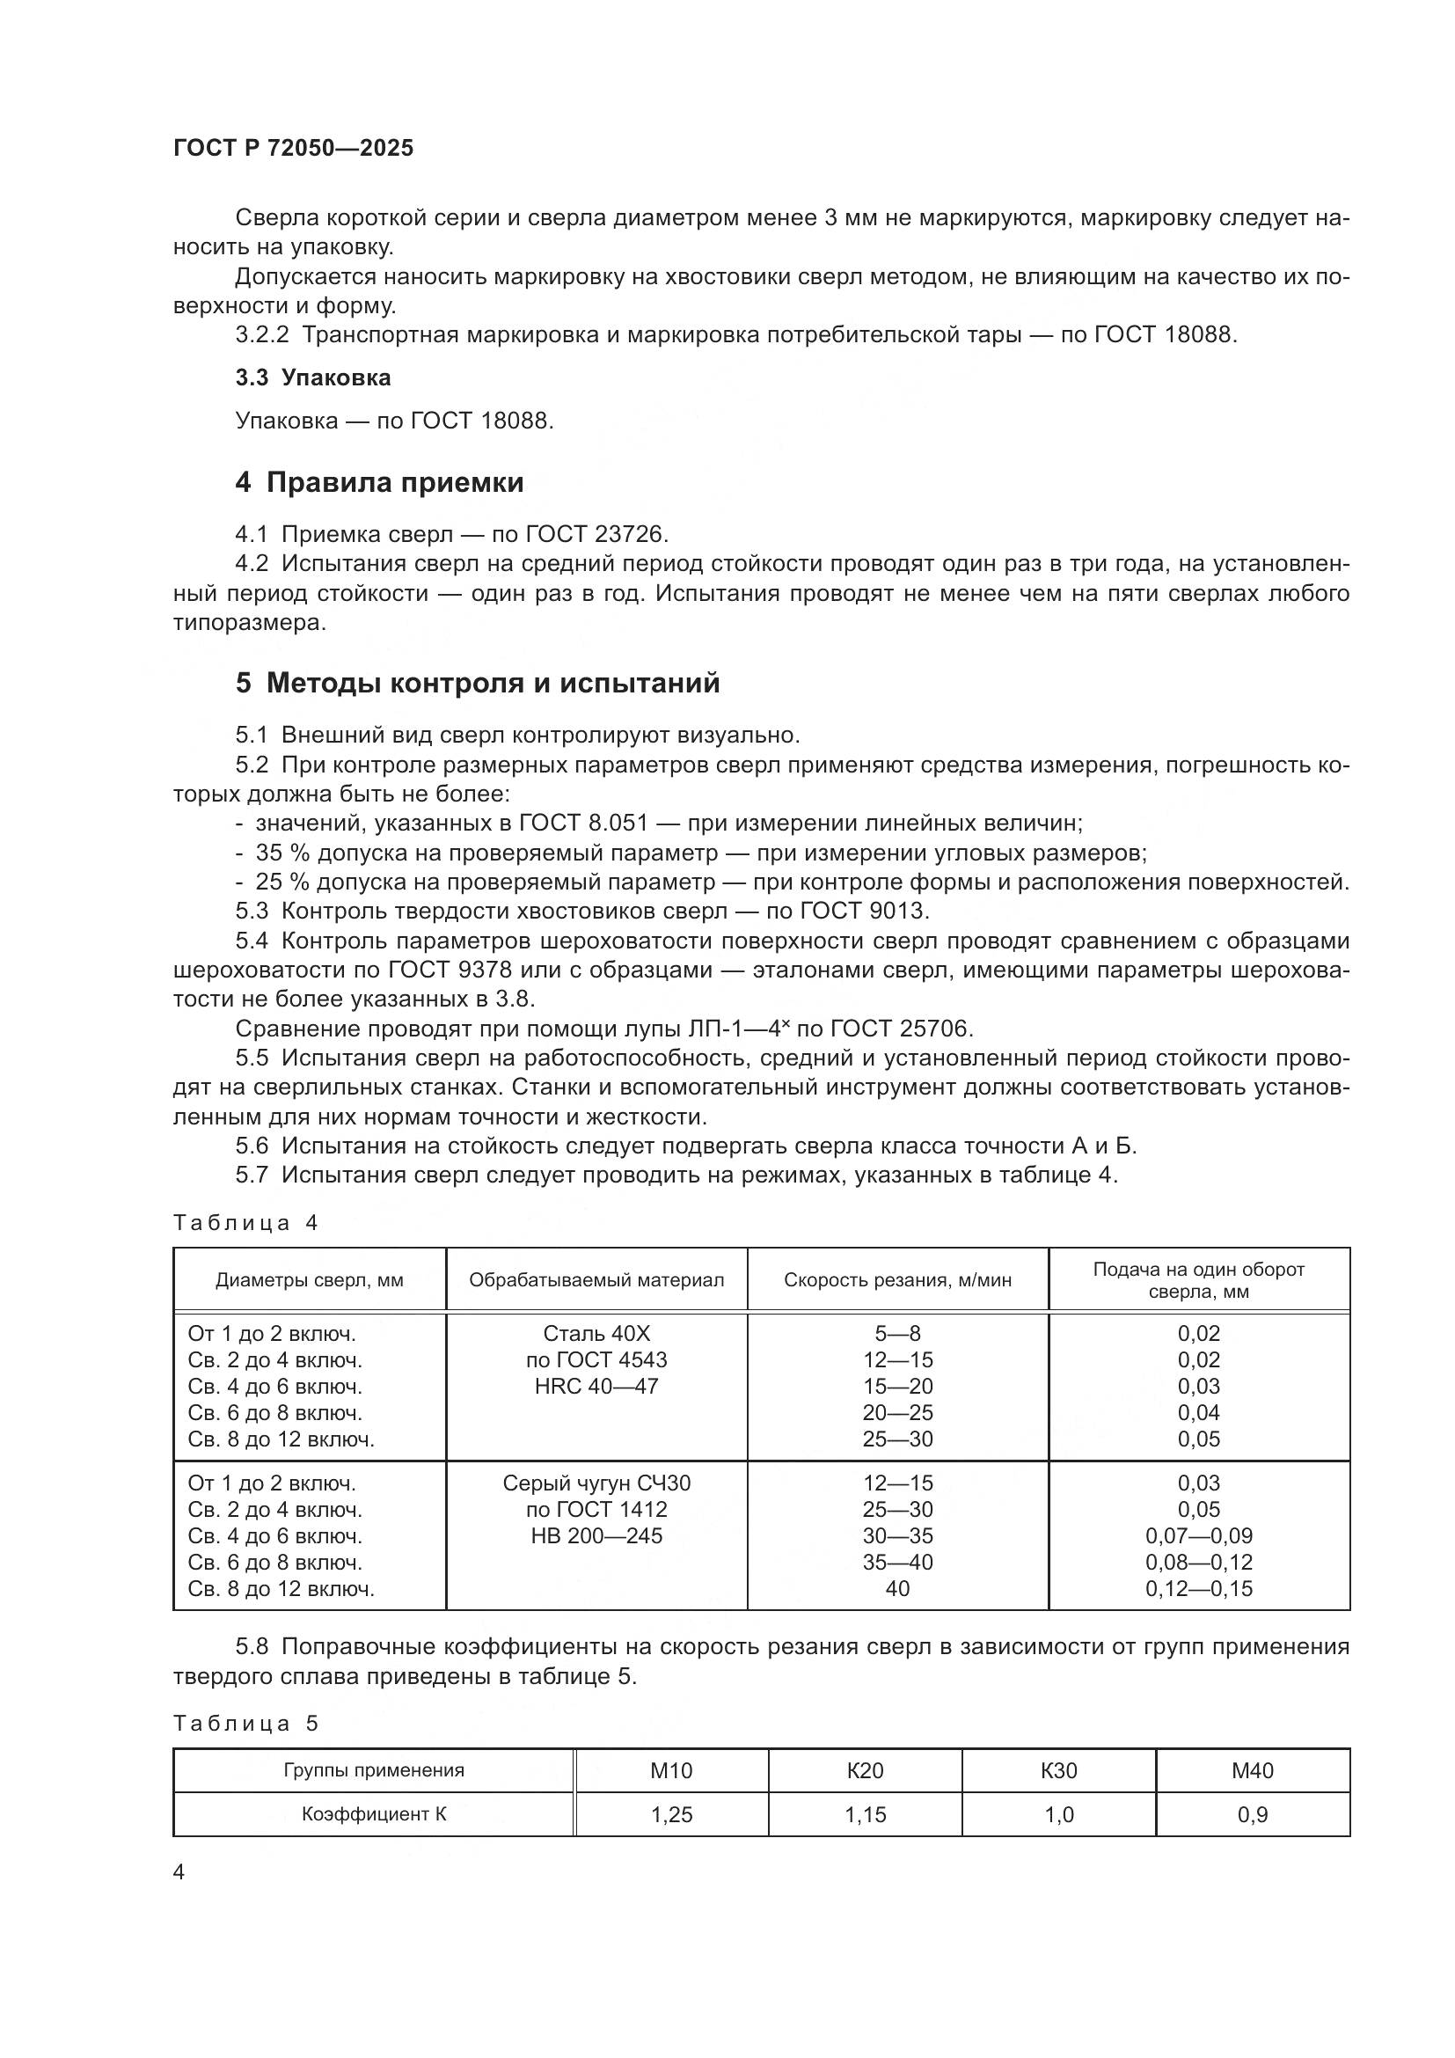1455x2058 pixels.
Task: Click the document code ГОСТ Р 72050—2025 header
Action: click(293, 149)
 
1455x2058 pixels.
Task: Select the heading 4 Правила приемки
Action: click(379, 483)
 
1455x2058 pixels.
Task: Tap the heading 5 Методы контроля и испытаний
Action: click(477, 684)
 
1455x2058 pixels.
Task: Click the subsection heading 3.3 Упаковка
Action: click(312, 378)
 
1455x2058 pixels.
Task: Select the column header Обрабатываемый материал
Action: click(596, 1280)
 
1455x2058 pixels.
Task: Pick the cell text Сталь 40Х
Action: click(596, 1334)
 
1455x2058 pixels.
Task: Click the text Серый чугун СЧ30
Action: click(596, 1483)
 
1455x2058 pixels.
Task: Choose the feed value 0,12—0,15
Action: click(1198, 1589)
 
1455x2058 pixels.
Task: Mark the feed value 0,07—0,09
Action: click(1198, 1536)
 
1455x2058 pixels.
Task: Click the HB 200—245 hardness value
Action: click(596, 1536)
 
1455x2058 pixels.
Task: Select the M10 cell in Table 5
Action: click(671, 1771)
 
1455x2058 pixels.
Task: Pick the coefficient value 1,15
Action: click(865, 1815)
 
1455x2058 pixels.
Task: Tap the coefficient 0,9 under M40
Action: click(1252, 1815)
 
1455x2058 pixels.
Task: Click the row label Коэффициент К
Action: click(374, 1815)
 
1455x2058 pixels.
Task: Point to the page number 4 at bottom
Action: click(179, 1873)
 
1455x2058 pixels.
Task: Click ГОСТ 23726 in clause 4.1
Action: click(596, 535)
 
